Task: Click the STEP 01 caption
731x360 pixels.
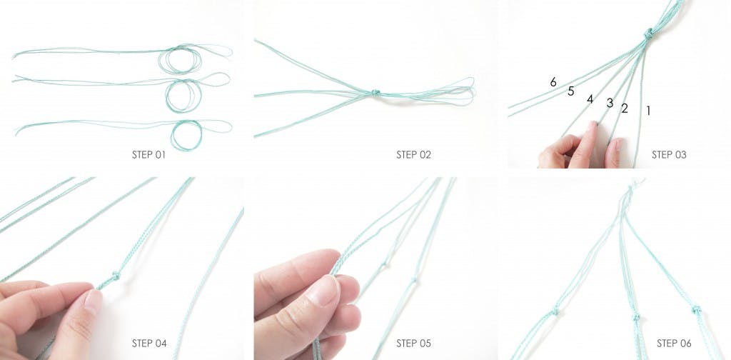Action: pos(148,155)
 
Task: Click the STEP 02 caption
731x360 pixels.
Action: pos(413,155)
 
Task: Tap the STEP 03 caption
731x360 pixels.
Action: pos(669,155)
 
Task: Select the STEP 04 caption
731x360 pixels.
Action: pos(149,344)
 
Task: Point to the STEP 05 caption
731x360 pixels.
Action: pos(413,344)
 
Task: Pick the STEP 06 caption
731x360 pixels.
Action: pos(674,344)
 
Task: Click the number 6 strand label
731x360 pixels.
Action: pos(553,83)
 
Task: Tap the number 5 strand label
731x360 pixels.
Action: pos(570,91)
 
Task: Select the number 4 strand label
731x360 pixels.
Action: pos(590,99)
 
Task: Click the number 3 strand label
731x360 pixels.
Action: pos(610,103)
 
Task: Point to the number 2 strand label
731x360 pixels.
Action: pos(625,109)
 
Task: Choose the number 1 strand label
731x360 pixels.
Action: pos(648,111)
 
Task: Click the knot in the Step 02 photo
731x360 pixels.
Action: pos(375,93)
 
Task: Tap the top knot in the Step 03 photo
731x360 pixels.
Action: pos(648,34)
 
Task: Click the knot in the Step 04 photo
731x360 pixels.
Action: pos(115,276)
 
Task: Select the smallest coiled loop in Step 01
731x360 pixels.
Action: pos(186,135)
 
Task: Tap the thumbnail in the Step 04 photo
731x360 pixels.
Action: pos(94,301)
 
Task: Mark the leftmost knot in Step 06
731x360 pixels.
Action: pos(555,310)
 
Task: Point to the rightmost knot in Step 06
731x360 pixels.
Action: pos(697,309)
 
